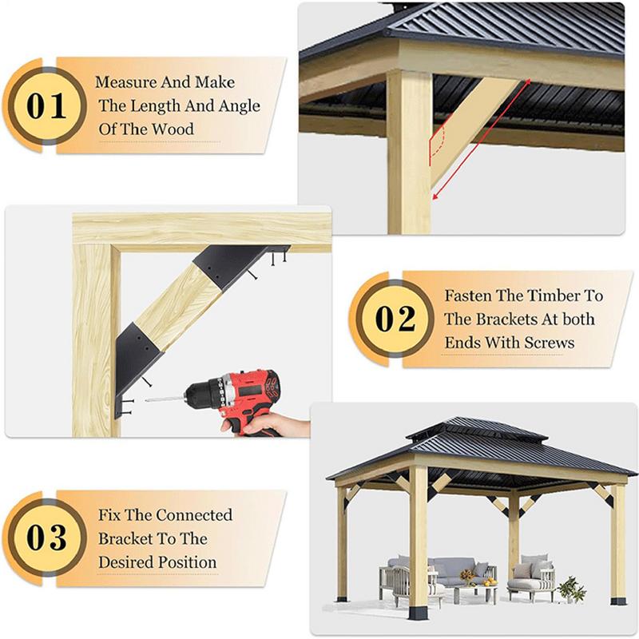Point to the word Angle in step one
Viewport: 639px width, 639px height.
(x=236, y=105)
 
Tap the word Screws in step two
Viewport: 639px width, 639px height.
(x=549, y=343)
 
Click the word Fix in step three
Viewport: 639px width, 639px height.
(x=109, y=515)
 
